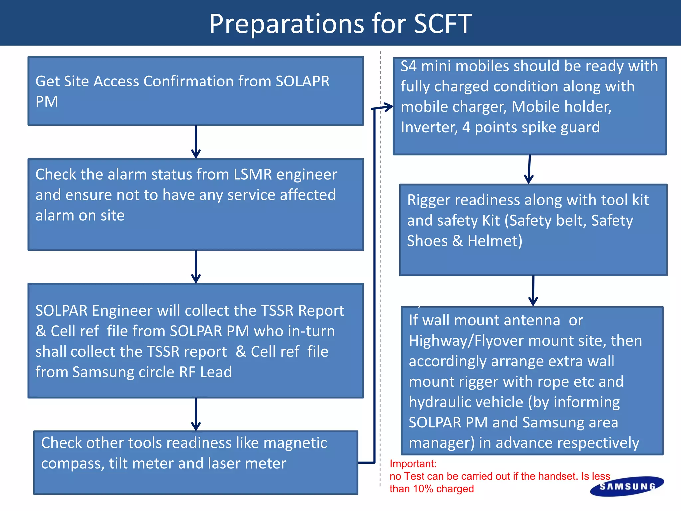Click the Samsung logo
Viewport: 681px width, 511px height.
tap(627, 486)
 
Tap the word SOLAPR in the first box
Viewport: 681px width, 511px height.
tap(302, 82)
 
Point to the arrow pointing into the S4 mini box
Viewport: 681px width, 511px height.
tap(384, 107)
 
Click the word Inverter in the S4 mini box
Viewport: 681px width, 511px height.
tap(429, 127)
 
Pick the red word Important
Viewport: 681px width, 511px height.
tap(413, 464)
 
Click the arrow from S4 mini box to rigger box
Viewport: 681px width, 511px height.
tap(529, 169)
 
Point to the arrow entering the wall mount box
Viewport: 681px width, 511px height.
tap(533, 291)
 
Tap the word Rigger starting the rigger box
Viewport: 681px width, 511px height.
tap(428, 200)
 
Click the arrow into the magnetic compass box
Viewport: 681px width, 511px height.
tap(196, 415)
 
